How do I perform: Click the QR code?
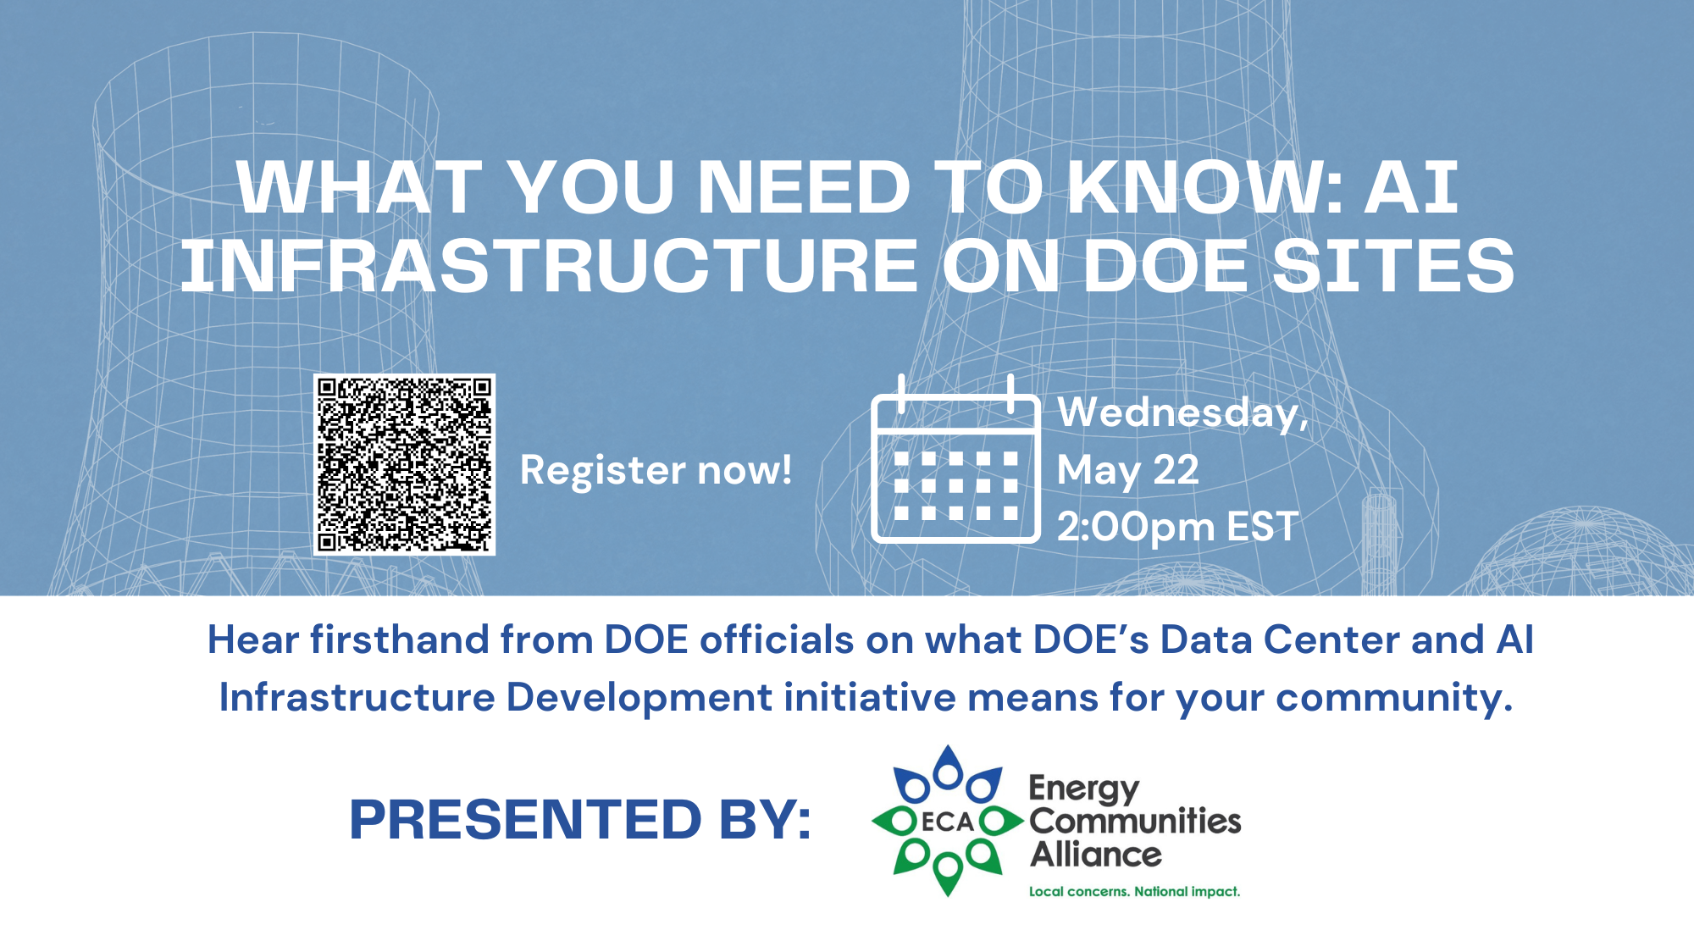tap(404, 465)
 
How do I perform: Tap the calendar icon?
tap(955, 458)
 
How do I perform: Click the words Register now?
tap(656, 471)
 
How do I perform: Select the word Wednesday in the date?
tap(1177, 412)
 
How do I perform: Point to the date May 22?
tap(1127, 471)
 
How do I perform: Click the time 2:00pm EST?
tap(1177, 527)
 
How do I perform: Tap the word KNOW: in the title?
tap(1204, 187)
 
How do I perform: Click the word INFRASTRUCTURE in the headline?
tap(549, 266)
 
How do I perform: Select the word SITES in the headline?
tap(1393, 266)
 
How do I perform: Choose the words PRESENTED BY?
tap(580, 820)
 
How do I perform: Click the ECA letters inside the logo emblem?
tap(948, 822)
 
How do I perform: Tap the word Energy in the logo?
tap(1084, 789)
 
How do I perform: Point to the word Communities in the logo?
tap(1135, 821)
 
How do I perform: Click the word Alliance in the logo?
tap(1096, 854)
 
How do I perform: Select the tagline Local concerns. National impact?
tap(1134, 891)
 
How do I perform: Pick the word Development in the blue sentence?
tap(639, 698)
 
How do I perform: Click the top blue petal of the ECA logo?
tap(948, 767)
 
